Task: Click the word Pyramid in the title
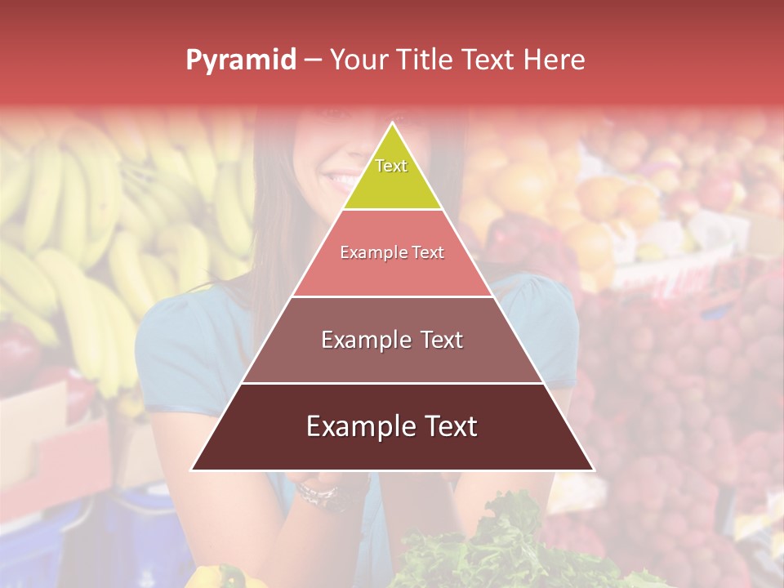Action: pos(241,60)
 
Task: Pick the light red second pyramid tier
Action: pos(392,269)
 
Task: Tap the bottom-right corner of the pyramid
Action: pos(592,470)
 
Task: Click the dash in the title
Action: pos(313,60)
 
